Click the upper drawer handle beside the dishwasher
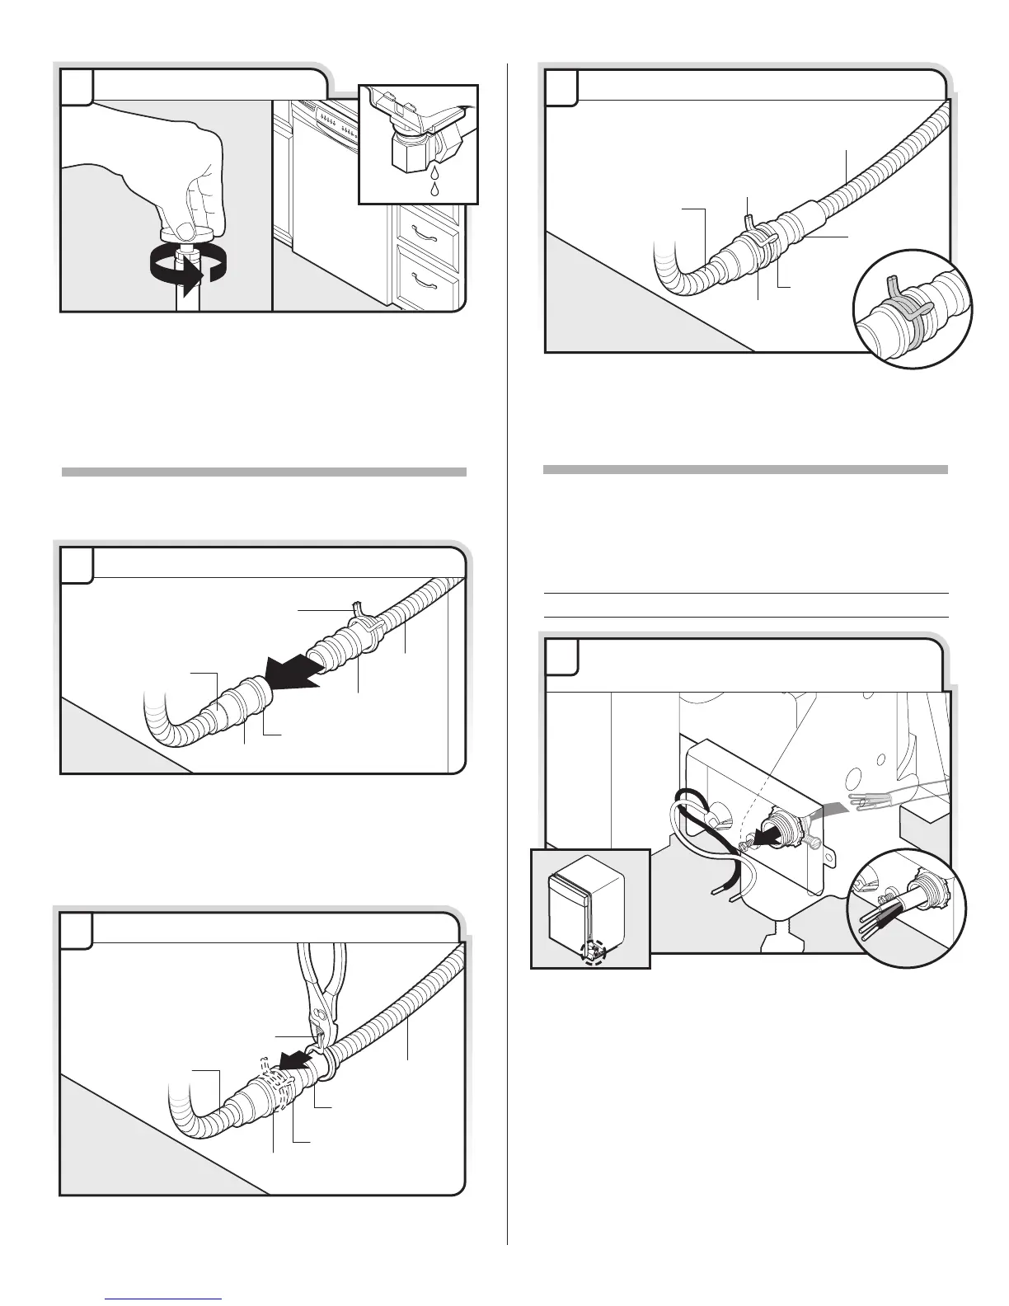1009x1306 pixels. (425, 234)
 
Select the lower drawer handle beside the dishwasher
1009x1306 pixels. (425, 280)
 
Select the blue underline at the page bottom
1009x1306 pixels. (165, 1299)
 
